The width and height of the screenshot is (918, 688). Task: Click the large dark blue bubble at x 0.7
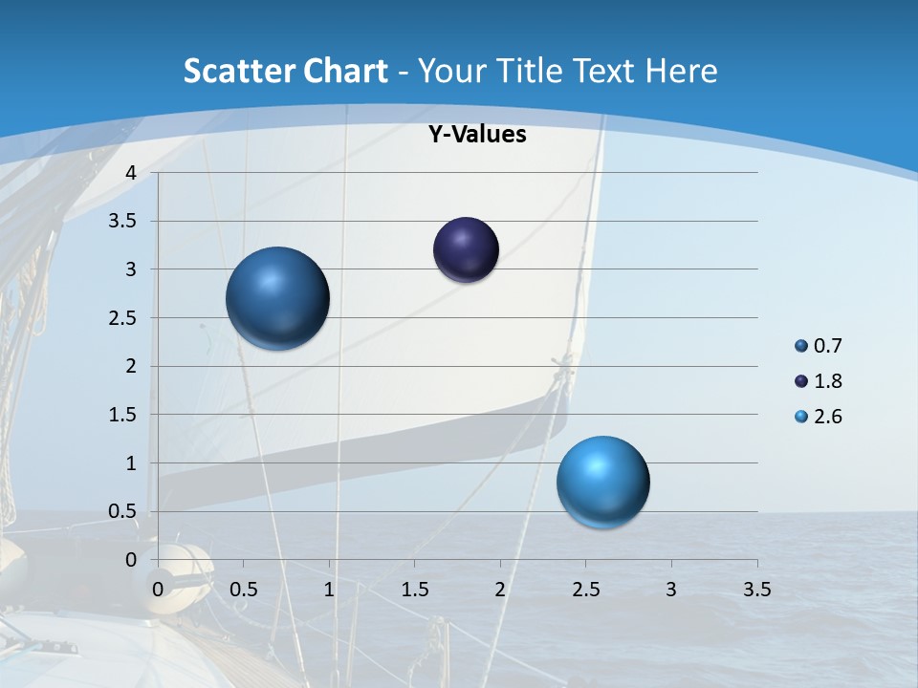[x=278, y=298]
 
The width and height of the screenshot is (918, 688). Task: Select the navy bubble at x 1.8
[x=466, y=250]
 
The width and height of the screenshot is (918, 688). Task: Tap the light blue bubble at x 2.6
[x=602, y=482]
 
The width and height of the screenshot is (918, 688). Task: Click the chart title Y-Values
[x=476, y=135]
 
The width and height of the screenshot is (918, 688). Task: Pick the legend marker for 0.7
[x=801, y=346]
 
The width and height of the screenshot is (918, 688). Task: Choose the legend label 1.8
[x=828, y=381]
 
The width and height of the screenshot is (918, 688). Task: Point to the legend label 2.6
[x=828, y=417]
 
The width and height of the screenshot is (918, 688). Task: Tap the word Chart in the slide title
[x=344, y=71]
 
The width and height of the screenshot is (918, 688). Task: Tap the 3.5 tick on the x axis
[x=756, y=590]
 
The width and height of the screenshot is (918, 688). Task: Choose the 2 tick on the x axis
[x=500, y=590]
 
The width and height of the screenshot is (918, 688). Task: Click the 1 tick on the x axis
[x=329, y=590]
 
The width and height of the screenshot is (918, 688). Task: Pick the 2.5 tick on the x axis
[x=585, y=590]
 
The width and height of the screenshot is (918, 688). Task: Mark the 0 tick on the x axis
[x=159, y=590]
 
